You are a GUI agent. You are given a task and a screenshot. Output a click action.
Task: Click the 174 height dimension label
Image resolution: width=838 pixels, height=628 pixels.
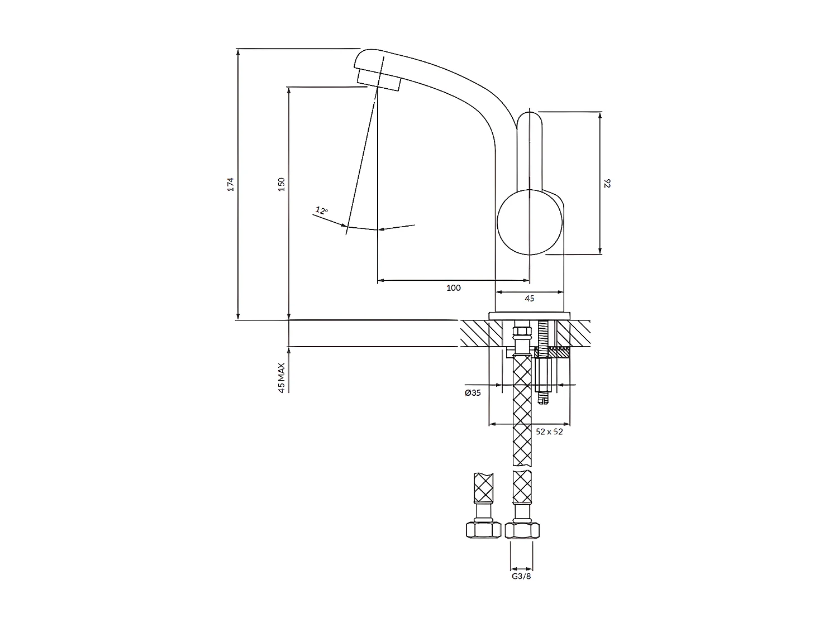231,184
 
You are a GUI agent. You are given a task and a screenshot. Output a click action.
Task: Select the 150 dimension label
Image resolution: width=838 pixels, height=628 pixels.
282,184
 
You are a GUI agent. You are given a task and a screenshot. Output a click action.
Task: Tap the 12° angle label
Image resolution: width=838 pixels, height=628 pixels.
321,210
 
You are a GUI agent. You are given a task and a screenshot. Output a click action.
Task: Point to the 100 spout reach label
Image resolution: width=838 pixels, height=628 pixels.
454,288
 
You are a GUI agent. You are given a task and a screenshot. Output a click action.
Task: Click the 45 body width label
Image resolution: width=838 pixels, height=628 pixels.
530,299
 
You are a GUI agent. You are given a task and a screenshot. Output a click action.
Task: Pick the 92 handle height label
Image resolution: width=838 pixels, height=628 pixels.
607,184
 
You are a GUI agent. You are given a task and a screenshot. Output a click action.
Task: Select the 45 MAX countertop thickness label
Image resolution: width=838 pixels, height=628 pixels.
282,378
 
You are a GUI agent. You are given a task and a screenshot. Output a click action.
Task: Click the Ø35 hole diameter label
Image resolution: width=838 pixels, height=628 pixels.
473,393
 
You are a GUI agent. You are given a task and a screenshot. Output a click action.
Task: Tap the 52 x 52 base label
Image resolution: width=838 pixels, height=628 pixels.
549,432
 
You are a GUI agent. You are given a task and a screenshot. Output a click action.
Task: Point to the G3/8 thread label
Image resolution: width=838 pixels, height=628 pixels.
521,576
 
